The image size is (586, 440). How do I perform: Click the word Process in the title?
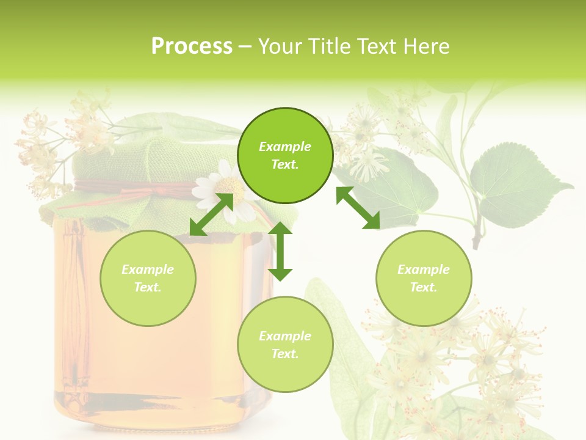coord(192,46)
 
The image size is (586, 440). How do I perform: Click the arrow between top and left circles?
coord(211,214)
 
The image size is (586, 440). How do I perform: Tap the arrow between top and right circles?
coord(358,208)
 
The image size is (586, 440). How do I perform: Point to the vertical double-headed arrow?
coord(280,251)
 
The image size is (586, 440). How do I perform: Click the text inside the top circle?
coord(285,155)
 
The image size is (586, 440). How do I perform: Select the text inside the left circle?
coord(148,278)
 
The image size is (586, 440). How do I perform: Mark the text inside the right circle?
coord(424,278)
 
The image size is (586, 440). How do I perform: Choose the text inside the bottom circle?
coord(285,345)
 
